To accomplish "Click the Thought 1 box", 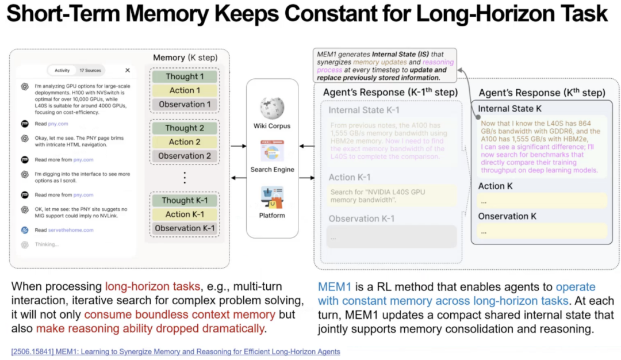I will point(185,76).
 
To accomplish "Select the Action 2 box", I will point(185,142).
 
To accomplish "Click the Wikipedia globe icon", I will point(272,108).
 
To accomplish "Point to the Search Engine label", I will point(272,170).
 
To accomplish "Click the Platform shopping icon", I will point(272,197).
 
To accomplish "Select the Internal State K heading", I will point(509,108).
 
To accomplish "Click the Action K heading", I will point(495,186).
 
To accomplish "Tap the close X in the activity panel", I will point(127,70).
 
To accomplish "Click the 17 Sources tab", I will point(90,70).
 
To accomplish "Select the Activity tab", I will point(62,70).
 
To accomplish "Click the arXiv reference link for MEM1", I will point(175,351).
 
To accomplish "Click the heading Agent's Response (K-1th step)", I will point(390,92).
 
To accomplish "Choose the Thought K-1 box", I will point(185,201).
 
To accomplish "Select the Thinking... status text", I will point(47,244).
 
